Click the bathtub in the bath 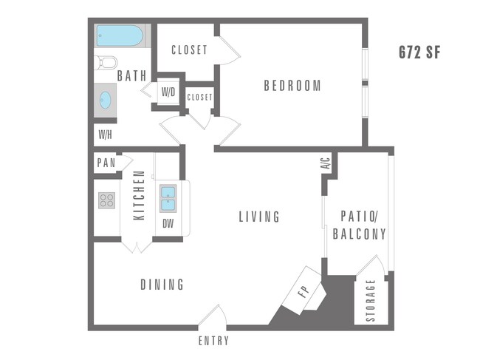[x=120, y=35]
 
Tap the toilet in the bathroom [x=106, y=62]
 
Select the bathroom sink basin [x=105, y=99]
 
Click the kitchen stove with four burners [x=107, y=200]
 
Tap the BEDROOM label [x=292, y=86]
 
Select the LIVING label [x=259, y=217]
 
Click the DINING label [x=162, y=285]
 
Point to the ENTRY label [x=213, y=341]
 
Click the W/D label [x=168, y=92]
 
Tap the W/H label [x=104, y=135]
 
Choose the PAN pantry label [x=106, y=163]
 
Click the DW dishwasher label [x=168, y=223]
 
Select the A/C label [x=325, y=164]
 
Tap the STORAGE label [x=371, y=301]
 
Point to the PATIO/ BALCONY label [x=360, y=225]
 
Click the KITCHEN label [x=138, y=195]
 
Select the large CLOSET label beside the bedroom [x=189, y=50]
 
